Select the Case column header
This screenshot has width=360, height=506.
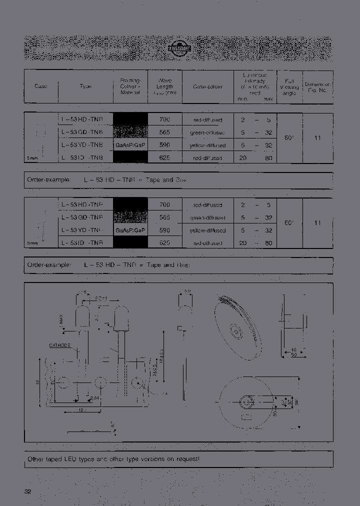(41, 86)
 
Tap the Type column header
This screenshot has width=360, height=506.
(85, 86)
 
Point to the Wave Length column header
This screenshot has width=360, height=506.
(164, 86)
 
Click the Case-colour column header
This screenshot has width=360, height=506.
(208, 86)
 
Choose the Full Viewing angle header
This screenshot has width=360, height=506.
(289, 86)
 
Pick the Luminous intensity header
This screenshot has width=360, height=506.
(255, 86)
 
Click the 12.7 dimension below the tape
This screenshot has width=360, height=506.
(70, 410)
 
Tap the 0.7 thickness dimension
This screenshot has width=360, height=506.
(111, 425)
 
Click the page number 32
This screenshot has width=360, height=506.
(27, 491)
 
